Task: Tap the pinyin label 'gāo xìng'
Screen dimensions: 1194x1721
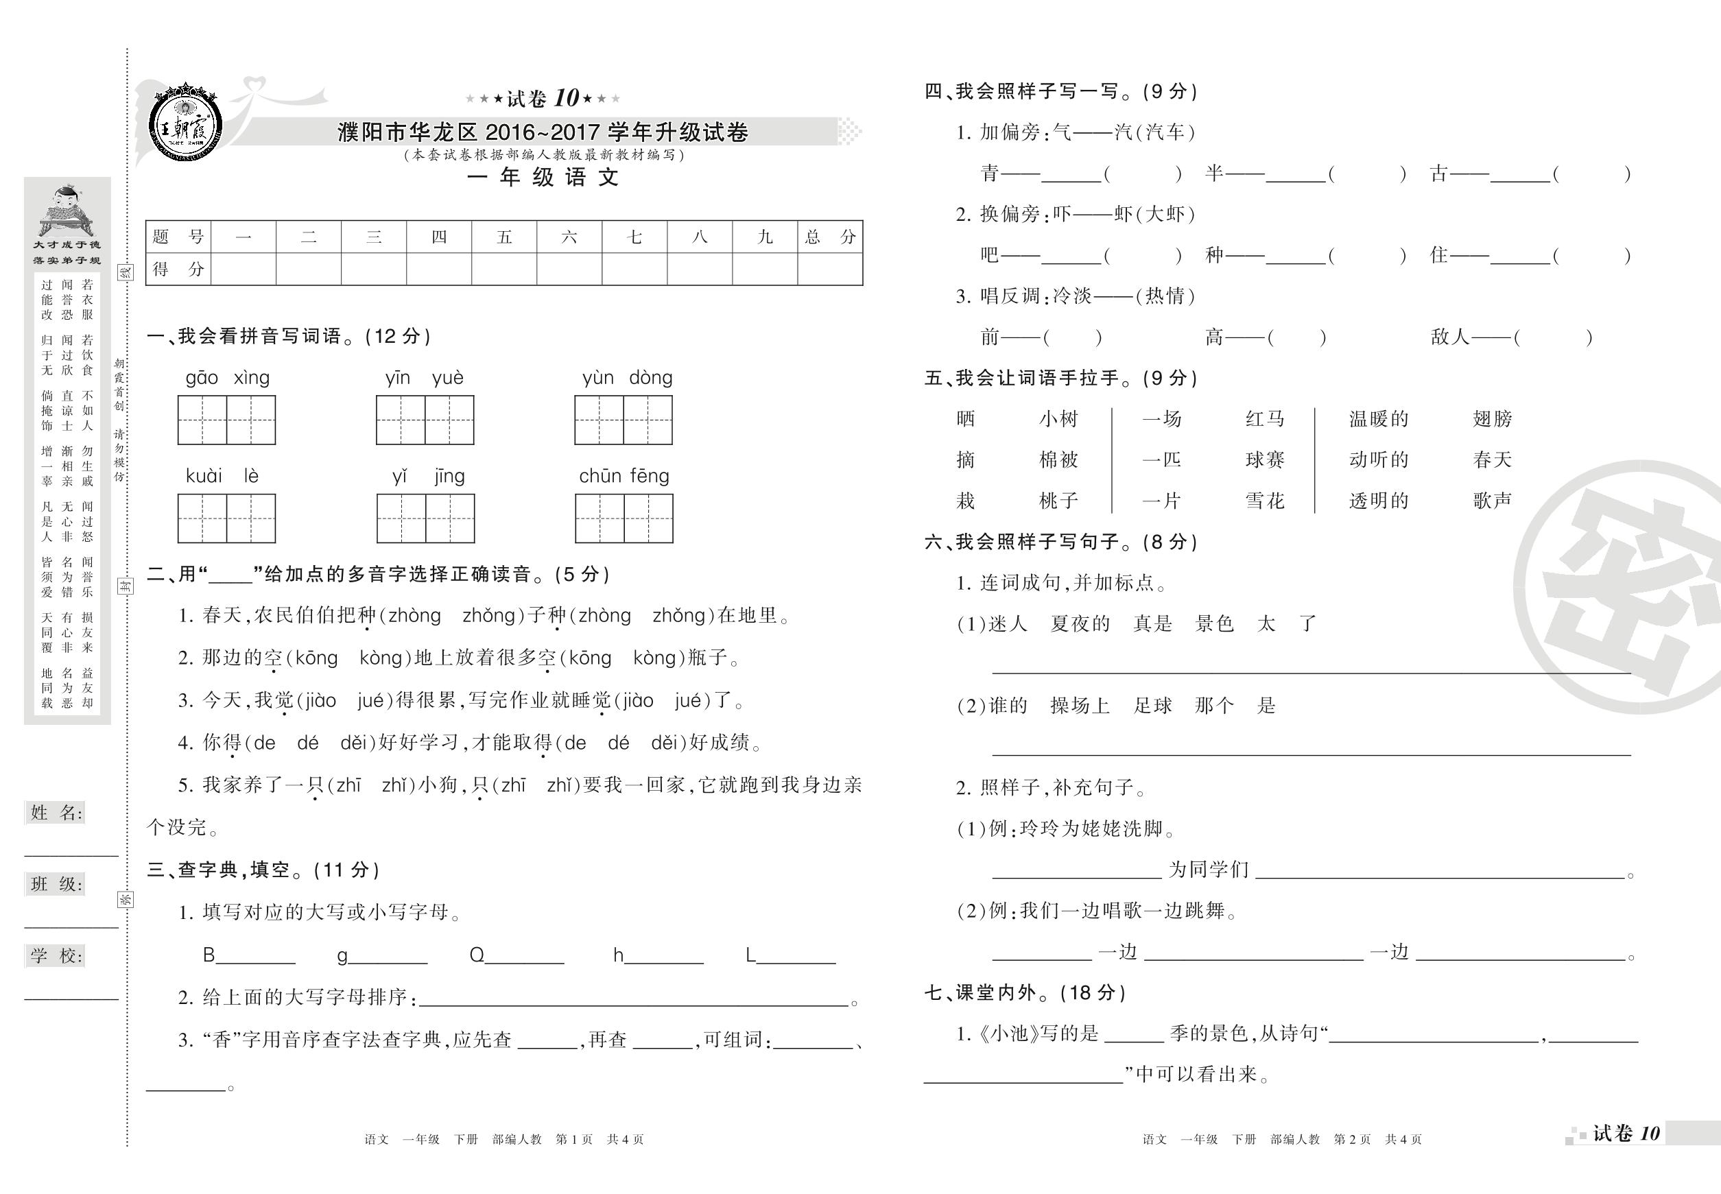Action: [x=227, y=378]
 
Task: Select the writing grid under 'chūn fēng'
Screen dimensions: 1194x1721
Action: [x=624, y=518]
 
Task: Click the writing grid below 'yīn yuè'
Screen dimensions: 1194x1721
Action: [x=425, y=420]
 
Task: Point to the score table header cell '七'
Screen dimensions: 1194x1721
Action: [x=634, y=237]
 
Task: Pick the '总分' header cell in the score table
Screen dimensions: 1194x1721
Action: [x=829, y=237]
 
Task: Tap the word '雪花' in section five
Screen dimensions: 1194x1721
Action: [x=1265, y=501]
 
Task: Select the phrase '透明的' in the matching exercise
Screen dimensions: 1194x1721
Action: [x=1378, y=501]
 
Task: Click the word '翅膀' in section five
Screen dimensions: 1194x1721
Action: [x=1492, y=419]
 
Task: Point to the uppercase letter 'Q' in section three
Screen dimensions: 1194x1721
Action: [x=477, y=955]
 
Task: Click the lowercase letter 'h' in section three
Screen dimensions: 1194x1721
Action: [x=618, y=955]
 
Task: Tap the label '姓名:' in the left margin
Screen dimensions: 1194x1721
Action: [x=56, y=813]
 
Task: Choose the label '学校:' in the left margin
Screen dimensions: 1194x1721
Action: [x=56, y=955]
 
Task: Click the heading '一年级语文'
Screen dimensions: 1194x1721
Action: [x=543, y=178]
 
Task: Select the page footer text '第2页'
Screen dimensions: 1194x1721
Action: [x=1352, y=1139]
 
